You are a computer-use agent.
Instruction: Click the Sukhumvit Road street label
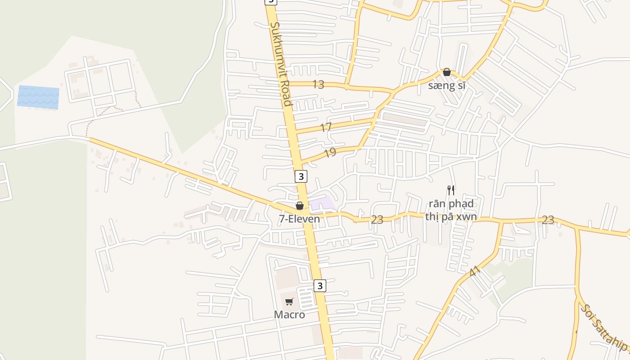click(x=281, y=64)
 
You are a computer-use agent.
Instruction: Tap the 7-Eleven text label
click(x=299, y=219)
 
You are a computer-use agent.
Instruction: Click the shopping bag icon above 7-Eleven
click(x=300, y=206)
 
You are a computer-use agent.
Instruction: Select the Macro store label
click(x=289, y=315)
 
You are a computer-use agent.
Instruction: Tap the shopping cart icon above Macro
click(x=289, y=301)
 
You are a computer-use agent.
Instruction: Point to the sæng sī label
click(x=446, y=85)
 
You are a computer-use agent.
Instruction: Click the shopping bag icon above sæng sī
click(x=447, y=72)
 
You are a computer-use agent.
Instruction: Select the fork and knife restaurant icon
click(x=451, y=190)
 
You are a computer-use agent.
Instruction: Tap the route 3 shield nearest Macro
click(x=319, y=285)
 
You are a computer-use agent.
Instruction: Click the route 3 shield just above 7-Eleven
click(x=301, y=176)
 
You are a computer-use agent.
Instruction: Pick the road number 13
click(x=318, y=84)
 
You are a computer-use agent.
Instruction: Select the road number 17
click(x=326, y=127)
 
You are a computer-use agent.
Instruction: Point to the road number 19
click(x=330, y=153)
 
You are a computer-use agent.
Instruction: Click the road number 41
click(x=474, y=272)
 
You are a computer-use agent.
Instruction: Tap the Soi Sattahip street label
click(x=603, y=328)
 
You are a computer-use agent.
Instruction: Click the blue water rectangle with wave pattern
click(x=38, y=98)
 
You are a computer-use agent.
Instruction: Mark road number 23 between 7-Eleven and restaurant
click(x=377, y=220)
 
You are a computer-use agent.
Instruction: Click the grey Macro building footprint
click(x=286, y=278)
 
